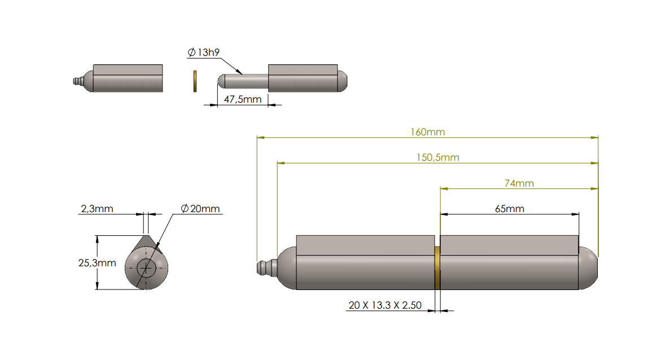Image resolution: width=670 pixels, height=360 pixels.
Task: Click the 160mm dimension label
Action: click(x=427, y=132)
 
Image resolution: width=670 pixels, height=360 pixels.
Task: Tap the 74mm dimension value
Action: click(x=518, y=183)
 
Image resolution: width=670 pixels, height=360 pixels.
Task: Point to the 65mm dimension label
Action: click(x=509, y=209)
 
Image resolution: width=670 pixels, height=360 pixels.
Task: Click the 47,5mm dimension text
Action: click(x=243, y=99)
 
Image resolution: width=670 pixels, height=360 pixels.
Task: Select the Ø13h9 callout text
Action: click(x=203, y=52)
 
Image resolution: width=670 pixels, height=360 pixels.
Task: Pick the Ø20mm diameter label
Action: click(x=200, y=209)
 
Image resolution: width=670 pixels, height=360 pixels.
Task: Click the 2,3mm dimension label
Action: click(x=97, y=209)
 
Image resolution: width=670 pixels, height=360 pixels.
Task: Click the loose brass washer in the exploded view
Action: click(x=195, y=81)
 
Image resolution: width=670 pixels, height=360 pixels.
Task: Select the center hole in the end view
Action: click(x=147, y=268)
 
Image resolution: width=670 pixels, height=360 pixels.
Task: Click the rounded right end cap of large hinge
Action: click(x=588, y=269)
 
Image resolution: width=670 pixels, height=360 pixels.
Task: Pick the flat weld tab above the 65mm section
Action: click(x=509, y=244)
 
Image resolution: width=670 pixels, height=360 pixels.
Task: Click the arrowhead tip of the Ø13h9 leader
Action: click(x=243, y=74)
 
